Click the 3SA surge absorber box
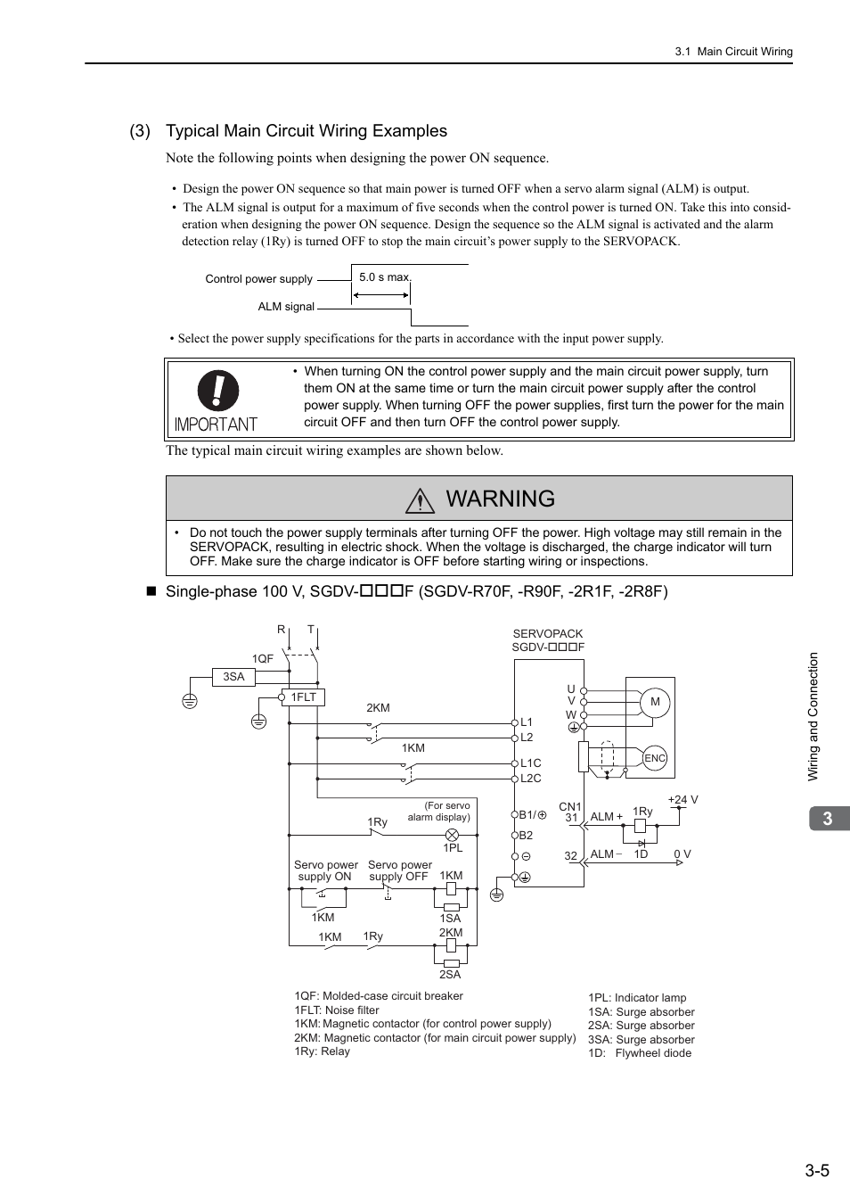233,677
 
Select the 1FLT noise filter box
303,697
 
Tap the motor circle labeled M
655,702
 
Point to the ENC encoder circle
655,758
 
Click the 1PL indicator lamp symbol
452,835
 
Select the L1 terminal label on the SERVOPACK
527,722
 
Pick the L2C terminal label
530,779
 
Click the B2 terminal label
526,836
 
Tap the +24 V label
682,800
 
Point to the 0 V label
682,854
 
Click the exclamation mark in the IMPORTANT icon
218,391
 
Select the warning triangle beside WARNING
420,500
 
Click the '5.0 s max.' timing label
385,277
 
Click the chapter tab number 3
828,819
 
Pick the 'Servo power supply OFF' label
399,870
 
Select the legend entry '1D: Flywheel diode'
639,1053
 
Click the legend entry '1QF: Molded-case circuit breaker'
379,996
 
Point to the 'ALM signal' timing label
286,307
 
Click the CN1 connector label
569,806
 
